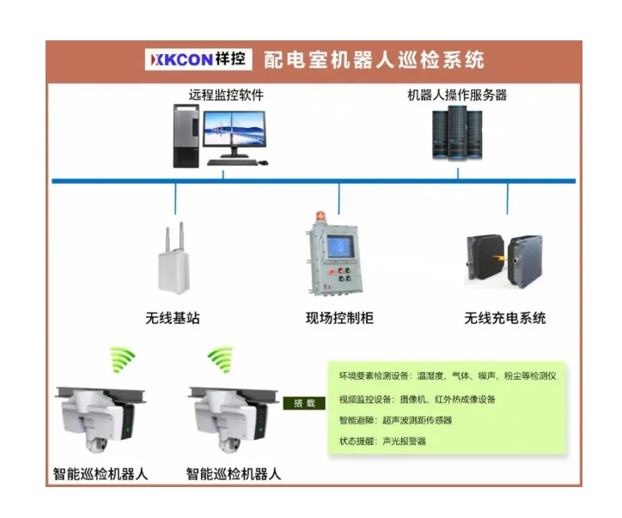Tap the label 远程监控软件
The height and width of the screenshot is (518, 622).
[x=226, y=95]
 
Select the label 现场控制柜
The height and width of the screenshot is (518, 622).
[x=339, y=318]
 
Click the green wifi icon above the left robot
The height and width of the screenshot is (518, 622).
[x=122, y=359]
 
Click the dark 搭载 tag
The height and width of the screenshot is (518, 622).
[x=305, y=403]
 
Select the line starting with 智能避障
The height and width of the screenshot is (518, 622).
[x=395, y=420]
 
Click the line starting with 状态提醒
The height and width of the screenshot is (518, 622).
[x=382, y=441]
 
